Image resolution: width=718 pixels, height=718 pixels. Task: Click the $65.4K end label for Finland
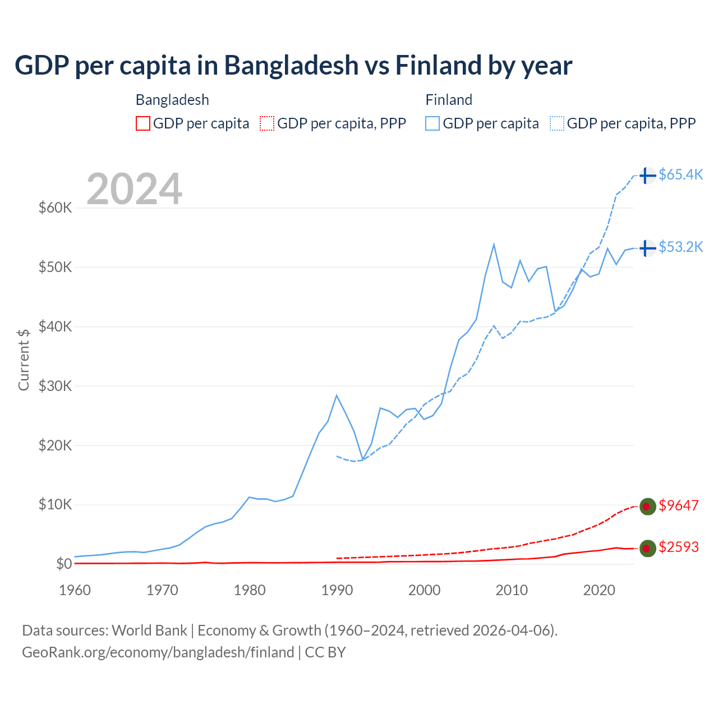(x=680, y=174)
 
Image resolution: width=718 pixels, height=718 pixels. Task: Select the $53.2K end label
(x=680, y=247)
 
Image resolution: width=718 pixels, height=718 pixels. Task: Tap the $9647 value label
(x=679, y=505)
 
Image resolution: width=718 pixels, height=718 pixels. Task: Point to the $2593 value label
(x=679, y=547)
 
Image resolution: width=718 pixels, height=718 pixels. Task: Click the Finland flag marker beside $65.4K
(x=647, y=176)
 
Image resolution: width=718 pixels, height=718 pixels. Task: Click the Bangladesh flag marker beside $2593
(x=647, y=549)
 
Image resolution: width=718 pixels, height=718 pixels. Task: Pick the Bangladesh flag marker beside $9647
(x=647, y=507)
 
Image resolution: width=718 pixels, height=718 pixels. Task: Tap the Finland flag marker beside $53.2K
(x=647, y=248)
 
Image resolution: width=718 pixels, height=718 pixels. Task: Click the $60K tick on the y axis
(x=55, y=208)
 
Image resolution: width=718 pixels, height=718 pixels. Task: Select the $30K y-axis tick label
(x=55, y=386)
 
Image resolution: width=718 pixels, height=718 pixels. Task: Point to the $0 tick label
(x=64, y=564)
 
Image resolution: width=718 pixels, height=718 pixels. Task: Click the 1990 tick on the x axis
(x=337, y=590)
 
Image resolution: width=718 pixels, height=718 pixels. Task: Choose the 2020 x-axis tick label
(x=599, y=590)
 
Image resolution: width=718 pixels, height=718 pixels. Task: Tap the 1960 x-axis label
(x=75, y=590)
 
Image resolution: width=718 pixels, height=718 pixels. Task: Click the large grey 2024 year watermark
(x=134, y=189)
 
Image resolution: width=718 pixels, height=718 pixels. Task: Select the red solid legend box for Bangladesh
(x=143, y=123)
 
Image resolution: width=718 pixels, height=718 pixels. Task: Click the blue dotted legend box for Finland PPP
(x=557, y=123)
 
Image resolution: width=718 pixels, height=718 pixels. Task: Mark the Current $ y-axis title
(x=24, y=360)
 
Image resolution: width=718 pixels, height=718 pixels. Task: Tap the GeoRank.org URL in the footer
(x=158, y=652)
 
